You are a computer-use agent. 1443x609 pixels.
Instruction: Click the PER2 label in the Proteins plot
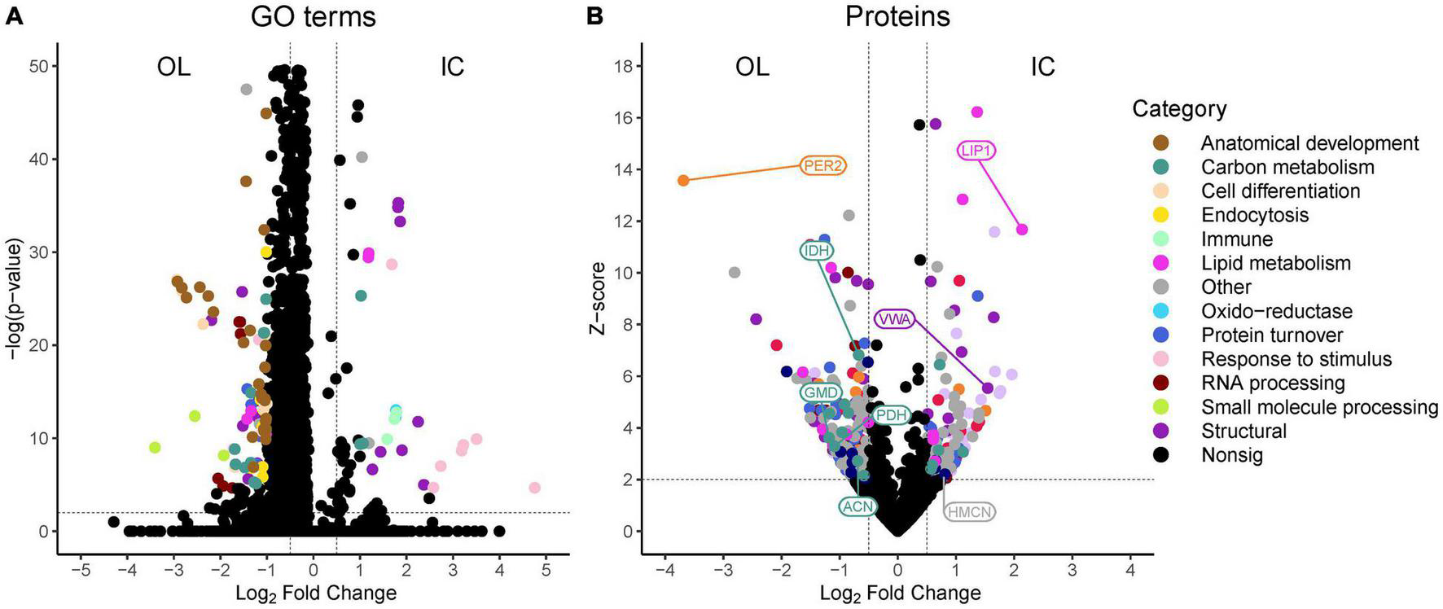coord(822,166)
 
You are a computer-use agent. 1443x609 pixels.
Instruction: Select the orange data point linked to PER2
coord(683,180)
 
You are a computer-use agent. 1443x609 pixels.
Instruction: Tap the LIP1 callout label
coord(976,151)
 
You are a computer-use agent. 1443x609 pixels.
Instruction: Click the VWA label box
coord(894,319)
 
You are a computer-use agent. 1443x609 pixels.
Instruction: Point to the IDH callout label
coord(816,251)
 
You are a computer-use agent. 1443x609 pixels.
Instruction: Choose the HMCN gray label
coord(969,511)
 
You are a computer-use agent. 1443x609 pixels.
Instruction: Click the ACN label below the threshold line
coord(857,506)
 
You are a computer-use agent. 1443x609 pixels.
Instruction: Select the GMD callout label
coord(820,392)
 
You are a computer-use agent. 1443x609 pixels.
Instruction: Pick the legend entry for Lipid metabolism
coord(1275,263)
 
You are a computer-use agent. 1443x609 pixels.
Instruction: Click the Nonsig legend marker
coord(1161,455)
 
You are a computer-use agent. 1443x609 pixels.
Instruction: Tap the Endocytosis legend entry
coord(1254,215)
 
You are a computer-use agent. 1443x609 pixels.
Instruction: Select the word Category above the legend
coord(1178,109)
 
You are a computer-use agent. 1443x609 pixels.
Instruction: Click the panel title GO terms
coord(313,17)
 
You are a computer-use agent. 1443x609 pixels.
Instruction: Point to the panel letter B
coord(594,15)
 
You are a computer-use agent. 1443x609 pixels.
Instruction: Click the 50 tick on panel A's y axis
coord(38,66)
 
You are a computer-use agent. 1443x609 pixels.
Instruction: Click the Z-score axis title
coord(599,298)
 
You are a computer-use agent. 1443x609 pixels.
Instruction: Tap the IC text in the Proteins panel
coord(1042,67)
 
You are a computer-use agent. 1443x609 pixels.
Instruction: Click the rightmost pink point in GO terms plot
coord(534,488)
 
